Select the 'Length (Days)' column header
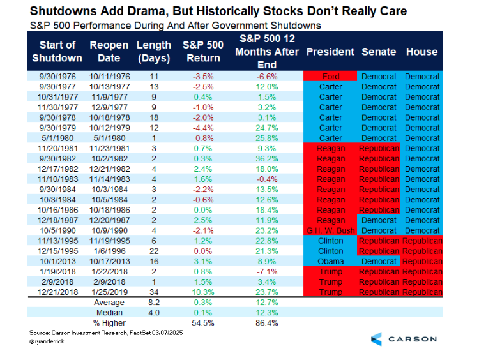coord(153,51)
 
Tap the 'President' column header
coord(330,52)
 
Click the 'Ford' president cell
coord(330,77)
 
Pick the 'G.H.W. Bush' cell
coord(330,230)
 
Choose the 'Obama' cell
coord(330,261)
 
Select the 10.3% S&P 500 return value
coord(201,292)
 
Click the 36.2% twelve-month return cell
coord(268,158)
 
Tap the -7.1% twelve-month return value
coord(268,271)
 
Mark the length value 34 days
coord(153,292)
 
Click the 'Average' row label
coord(109,302)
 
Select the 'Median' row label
coord(109,312)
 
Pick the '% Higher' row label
coord(109,322)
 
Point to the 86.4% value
coord(268,322)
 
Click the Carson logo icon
coord(377,339)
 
